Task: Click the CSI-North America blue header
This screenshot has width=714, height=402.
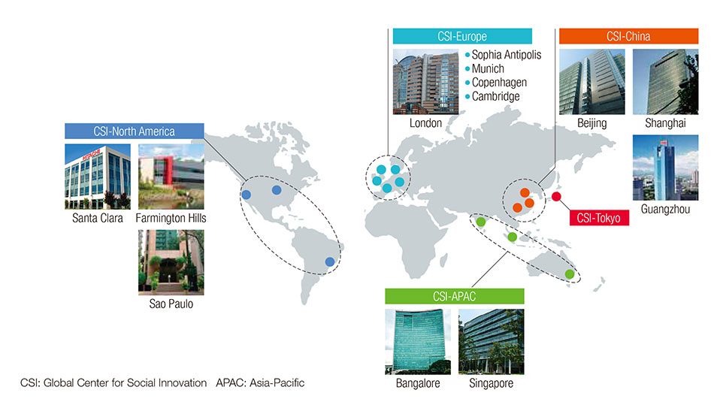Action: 135,131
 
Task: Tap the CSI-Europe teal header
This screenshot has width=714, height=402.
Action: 462,36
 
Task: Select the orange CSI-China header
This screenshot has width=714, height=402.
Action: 628,36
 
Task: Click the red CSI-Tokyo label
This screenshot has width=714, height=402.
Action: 599,218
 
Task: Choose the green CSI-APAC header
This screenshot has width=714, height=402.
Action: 455,296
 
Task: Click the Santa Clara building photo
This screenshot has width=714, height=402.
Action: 98,177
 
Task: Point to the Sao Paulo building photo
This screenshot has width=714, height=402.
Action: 171,262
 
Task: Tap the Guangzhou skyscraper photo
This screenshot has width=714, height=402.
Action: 665,168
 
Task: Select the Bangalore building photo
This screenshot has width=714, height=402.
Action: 418,342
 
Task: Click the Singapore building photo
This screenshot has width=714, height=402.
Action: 492,342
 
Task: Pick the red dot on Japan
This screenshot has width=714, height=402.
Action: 556,197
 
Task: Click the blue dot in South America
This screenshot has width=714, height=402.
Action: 330,261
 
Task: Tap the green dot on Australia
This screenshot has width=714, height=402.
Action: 569,274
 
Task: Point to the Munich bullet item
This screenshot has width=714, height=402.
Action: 485,68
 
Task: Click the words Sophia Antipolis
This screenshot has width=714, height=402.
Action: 507,55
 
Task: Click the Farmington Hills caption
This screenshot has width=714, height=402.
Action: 171,218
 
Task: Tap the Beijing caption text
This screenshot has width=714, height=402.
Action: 592,123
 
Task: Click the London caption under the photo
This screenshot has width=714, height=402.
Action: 425,123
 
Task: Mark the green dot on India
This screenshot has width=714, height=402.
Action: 480,222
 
